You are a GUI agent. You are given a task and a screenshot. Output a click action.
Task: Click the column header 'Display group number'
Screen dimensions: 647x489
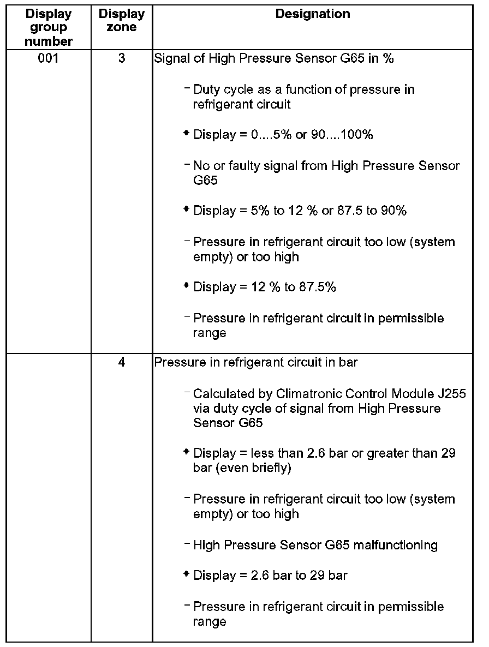[x=49, y=27]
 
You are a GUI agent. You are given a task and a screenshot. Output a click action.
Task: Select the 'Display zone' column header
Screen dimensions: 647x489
[x=122, y=21]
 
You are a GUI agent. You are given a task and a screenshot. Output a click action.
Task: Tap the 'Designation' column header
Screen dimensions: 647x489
[x=313, y=14]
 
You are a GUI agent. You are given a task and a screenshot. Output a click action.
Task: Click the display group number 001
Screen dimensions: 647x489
[x=49, y=58]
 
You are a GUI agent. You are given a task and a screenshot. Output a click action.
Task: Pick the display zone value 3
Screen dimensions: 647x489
[x=122, y=58]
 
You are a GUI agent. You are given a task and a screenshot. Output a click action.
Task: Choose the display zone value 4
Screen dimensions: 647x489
[x=122, y=362]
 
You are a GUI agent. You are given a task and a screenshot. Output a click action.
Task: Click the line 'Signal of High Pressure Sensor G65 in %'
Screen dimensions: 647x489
[x=274, y=59]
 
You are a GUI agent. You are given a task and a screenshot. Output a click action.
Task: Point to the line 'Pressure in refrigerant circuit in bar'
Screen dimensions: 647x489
[x=256, y=362]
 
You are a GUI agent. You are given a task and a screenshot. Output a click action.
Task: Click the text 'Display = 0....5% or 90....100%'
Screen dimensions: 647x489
[x=283, y=135]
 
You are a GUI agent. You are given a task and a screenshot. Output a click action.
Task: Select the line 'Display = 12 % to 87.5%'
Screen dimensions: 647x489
[x=265, y=287]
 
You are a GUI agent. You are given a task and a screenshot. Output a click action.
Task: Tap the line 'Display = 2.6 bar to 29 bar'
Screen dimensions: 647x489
[x=270, y=576]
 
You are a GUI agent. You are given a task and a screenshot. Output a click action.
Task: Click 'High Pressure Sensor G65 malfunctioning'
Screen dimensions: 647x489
[x=315, y=545]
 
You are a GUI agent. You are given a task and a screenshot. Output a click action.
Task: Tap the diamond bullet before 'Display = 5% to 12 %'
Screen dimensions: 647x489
[x=187, y=209]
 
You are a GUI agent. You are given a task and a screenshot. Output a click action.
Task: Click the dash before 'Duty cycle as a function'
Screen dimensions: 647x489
[x=188, y=88]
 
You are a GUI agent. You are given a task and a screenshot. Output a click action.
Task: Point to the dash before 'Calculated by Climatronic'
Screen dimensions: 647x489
[x=188, y=393]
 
